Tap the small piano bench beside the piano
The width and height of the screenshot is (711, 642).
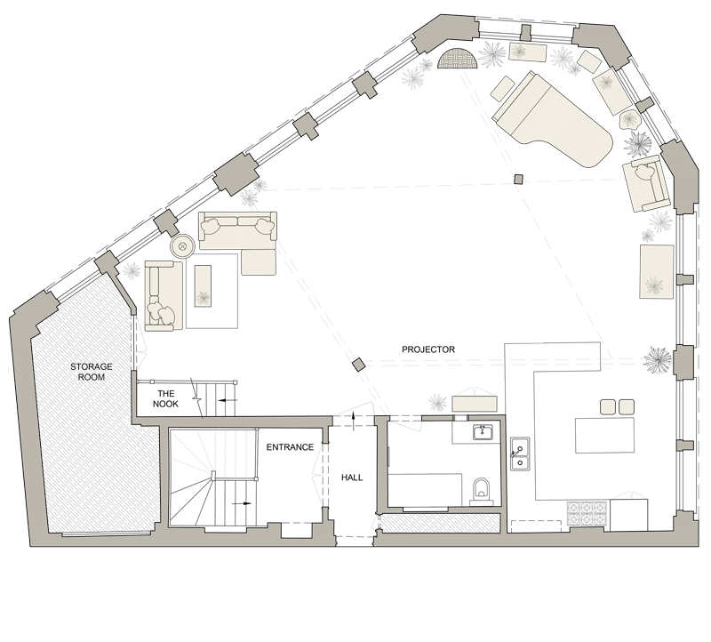[x=502, y=87]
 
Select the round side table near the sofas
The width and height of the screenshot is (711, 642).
[x=182, y=246]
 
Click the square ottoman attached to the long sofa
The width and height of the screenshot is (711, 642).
[x=259, y=261]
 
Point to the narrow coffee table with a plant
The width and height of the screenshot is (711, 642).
[x=202, y=286]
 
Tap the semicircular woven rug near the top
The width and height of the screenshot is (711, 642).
[x=459, y=61]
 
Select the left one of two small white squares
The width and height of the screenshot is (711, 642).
[x=609, y=407]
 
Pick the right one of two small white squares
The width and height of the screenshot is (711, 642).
[x=627, y=407]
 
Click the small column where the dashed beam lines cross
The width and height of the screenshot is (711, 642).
[x=518, y=181]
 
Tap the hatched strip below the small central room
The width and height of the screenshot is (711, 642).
[x=439, y=523]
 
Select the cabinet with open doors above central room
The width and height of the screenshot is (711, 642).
[x=473, y=402]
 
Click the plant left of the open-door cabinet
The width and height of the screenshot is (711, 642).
[x=436, y=403]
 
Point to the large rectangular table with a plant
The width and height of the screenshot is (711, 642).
[x=657, y=271]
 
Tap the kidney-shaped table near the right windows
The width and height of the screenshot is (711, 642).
[x=630, y=120]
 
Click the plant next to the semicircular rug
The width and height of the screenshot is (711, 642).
[x=412, y=78]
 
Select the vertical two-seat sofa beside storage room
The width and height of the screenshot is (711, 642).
[x=164, y=295]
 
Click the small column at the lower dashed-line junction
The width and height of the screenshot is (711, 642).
[x=358, y=365]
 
